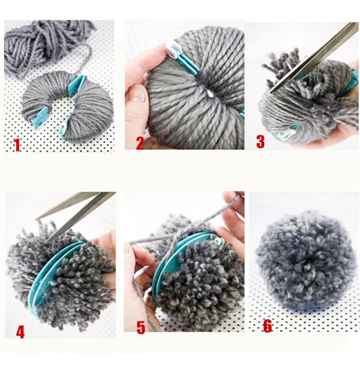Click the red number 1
pos(17,145)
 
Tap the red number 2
pos(140,143)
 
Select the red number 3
pos(260,141)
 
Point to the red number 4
pos(20,332)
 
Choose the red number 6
pos(267,326)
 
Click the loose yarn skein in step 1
pos(46,44)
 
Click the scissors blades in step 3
pos(314,57)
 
